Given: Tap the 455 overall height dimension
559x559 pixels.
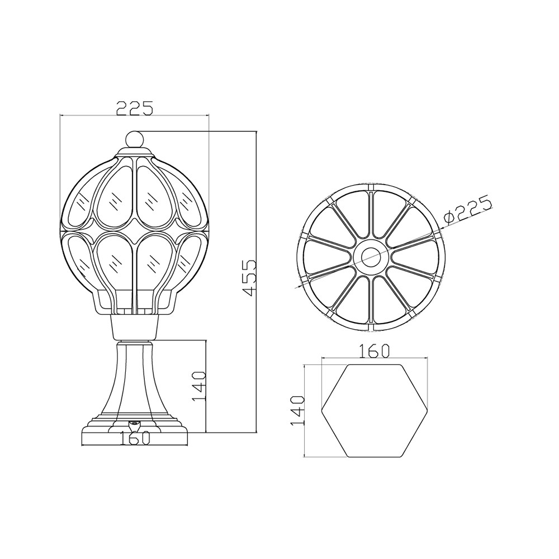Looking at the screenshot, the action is click(x=249, y=278).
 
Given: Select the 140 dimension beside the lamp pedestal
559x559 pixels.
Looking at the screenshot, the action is click(x=199, y=386).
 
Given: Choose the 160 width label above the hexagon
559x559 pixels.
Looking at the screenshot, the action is click(x=374, y=351).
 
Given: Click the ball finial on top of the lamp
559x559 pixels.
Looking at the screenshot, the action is click(x=135, y=139).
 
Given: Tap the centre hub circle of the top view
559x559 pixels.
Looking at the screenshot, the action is click(x=371, y=255).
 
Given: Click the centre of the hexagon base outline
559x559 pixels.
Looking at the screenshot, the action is click(x=373, y=410).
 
